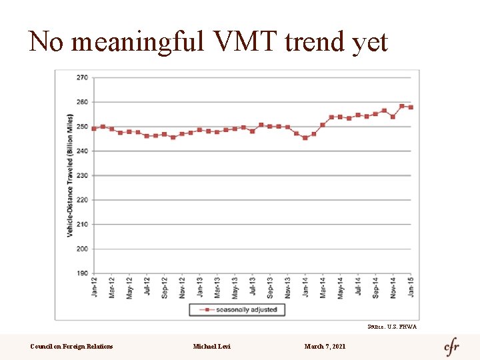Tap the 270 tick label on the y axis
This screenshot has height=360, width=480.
81,77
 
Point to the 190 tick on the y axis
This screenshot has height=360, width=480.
81,273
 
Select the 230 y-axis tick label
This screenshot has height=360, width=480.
81,175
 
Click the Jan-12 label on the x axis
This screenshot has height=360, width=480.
94,287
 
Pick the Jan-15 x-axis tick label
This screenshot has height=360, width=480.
411,287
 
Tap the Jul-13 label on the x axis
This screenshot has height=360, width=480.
253,287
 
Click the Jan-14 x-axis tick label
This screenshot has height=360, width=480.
305,287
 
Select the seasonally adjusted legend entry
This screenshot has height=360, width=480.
237,310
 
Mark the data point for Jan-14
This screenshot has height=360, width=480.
305,138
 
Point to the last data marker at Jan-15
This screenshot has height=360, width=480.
411,107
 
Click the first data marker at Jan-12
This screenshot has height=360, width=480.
94,129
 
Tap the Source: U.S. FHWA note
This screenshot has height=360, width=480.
391,327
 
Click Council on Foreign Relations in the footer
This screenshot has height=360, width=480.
71,346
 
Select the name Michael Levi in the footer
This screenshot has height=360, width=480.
211,346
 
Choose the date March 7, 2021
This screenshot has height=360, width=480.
325,346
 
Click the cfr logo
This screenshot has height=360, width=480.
452,347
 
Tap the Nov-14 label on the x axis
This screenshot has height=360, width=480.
393,287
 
